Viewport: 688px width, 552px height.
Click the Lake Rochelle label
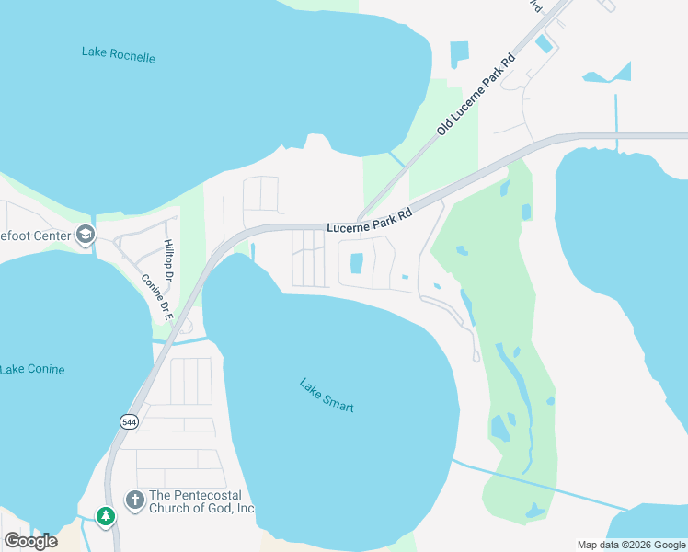(x=119, y=54)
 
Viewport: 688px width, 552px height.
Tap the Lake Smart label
(x=327, y=396)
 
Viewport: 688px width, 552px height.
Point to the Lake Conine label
(x=33, y=370)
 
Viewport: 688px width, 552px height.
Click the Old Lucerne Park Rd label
(x=476, y=96)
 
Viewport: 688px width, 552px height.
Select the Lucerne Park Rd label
(x=368, y=221)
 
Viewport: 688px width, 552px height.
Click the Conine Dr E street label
(x=155, y=295)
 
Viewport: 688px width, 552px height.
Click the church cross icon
(x=134, y=500)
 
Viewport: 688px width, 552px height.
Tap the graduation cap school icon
(x=86, y=236)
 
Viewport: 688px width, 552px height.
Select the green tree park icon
(x=107, y=516)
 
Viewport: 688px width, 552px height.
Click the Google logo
(x=30, y=540)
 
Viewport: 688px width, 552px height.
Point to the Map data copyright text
(x=631, y=545)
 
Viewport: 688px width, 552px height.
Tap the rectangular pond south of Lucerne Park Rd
(x=357, y=263)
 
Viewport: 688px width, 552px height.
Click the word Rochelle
(x=133, y=56)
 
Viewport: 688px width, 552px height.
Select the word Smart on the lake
(x=338, y=402)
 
